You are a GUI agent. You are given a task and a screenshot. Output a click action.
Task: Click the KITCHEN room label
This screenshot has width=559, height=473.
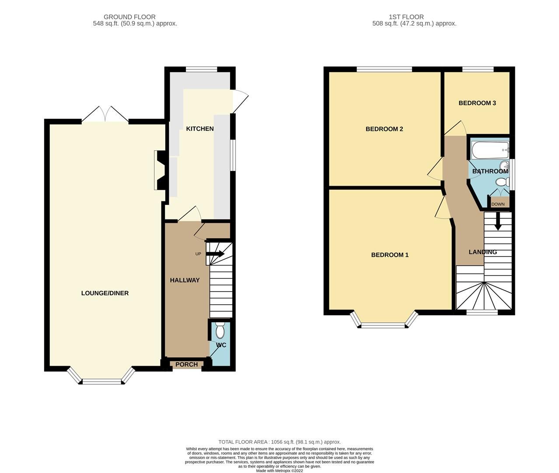point(200,129)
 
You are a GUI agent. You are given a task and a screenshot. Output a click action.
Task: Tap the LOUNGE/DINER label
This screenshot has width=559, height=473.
point(105,293)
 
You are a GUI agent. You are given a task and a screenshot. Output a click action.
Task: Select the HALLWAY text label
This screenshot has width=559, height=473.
point(185,280)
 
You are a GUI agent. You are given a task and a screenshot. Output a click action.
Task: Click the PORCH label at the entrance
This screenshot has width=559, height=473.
point(187,364)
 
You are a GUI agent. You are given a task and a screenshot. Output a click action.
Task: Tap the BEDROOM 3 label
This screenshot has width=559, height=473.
point(477,103)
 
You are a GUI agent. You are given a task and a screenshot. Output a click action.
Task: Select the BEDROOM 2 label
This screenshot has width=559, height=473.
point(384,129)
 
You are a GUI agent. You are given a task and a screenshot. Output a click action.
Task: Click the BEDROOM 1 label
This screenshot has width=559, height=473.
point(390,255)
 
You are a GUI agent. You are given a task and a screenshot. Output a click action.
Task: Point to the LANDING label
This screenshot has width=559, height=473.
point(483,252)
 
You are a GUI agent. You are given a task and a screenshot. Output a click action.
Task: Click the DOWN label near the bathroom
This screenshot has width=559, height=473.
point(498,204)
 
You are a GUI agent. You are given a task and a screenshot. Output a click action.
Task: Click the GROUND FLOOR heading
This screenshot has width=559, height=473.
point(129,17)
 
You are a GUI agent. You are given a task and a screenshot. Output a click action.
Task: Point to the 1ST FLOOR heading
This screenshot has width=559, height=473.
point(406,17)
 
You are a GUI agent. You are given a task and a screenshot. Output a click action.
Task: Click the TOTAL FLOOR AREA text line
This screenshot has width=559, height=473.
point(279,442)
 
